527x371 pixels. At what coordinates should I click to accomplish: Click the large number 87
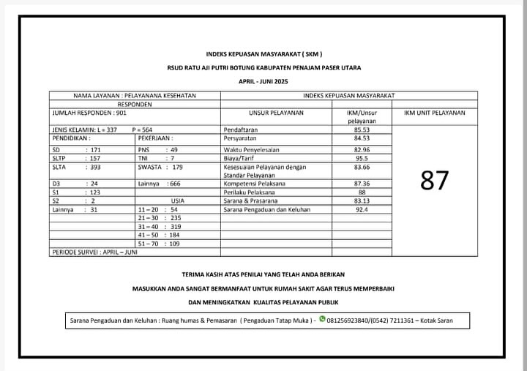[434, 179]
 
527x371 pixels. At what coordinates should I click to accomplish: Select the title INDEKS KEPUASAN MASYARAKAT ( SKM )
[263, 54]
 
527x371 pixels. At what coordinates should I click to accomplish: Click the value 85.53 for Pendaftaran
[362, 130]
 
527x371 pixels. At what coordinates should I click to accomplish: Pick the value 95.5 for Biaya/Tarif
[362, 158]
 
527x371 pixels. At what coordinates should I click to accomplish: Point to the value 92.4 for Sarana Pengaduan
[362, 210]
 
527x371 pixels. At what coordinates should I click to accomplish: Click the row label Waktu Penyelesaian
[253, 149]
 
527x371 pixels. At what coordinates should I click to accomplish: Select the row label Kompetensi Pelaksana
[255, 184]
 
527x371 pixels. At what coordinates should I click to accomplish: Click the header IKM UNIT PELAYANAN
[434, 113]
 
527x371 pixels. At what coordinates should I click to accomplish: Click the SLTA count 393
[94, 167]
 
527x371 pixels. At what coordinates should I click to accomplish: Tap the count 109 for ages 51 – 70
[174, 244]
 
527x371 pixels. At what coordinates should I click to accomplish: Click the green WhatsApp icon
[321, 318]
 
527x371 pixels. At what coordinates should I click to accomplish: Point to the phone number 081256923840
[351, 320]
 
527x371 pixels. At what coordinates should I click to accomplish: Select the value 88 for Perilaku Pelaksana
[362, 192]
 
